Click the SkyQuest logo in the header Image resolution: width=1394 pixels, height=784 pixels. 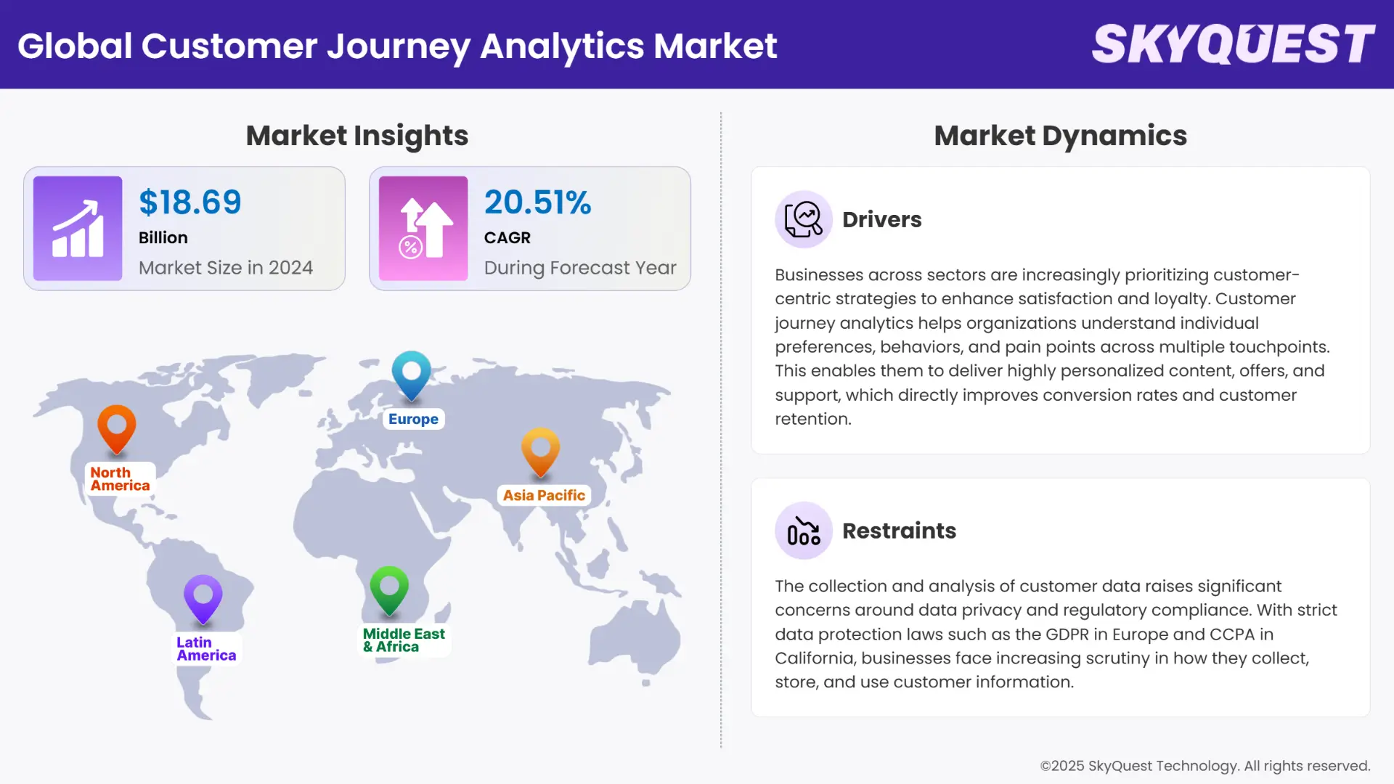1233,44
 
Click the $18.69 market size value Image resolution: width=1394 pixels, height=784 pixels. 190,202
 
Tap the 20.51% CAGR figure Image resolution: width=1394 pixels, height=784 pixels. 537,202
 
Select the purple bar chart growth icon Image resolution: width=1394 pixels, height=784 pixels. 78,228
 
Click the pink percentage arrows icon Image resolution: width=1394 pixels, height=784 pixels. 423,228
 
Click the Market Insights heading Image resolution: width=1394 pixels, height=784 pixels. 356,136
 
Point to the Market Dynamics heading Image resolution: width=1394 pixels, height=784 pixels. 1060,136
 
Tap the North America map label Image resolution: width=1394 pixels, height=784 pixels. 120,479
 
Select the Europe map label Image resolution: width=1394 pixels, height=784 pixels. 413,419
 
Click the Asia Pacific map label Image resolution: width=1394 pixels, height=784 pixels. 544,495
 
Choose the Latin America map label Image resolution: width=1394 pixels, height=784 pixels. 206,648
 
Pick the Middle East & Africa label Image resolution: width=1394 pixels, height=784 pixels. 404,640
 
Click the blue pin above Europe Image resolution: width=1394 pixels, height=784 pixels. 412,373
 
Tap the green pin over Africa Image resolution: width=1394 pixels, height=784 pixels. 389,588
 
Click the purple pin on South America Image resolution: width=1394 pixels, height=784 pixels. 203,597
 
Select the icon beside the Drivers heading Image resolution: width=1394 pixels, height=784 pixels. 803,219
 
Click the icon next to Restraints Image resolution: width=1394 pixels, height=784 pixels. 803,531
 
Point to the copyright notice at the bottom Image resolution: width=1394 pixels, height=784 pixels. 1205,766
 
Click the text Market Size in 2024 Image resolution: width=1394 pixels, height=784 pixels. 226,268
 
